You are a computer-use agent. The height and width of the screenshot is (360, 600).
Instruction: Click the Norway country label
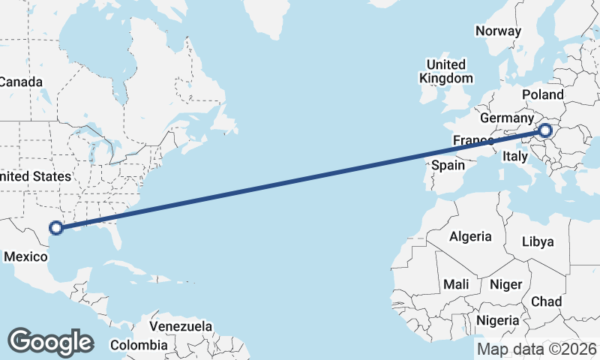(498, 31)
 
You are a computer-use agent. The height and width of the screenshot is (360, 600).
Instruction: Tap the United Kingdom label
(446, 71)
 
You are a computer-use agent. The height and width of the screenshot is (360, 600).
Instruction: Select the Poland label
(543, 94)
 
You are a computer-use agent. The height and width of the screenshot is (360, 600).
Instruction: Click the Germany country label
(506, 118)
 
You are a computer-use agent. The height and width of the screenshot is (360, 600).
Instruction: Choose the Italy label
(515, 156)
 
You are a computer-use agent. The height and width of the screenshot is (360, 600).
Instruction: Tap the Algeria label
(470, 236)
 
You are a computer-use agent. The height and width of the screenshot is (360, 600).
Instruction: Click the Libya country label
(538, 241)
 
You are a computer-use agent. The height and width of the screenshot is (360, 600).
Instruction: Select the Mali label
(456, 284)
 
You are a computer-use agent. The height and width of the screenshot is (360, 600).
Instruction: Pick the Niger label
(505, 284)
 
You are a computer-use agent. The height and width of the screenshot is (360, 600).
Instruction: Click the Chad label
(546, 301)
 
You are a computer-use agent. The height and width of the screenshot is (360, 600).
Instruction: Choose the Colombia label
(139, 345)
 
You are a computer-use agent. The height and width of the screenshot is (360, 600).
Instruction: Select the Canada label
(20, 82)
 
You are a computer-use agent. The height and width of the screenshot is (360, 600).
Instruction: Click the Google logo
(50, 342)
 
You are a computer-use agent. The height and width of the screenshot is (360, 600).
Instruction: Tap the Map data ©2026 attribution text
(537, 349)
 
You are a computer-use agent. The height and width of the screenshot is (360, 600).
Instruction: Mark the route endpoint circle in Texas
(55, 228)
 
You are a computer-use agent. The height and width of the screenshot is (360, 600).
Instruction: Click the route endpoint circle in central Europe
(545, 131)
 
